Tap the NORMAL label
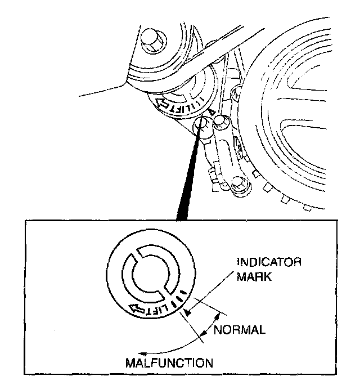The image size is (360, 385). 239,330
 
